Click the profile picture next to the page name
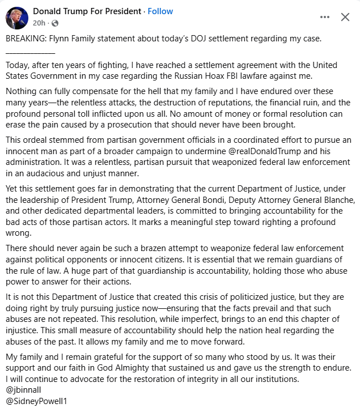[16, 18]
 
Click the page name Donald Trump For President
[87, 11]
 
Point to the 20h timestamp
[39, 23]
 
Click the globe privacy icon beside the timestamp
[55, 23]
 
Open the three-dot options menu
[324, 17]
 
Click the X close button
[345, 17]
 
